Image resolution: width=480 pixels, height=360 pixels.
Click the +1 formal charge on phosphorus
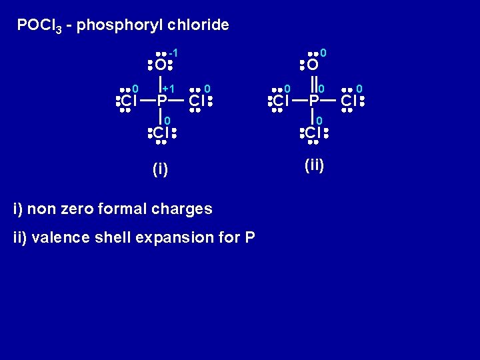point(169,89)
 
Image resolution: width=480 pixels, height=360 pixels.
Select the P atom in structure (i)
point(161,101)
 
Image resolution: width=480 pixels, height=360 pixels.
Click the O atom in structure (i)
point(160,65)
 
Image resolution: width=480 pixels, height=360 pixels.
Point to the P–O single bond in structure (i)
point(161,83)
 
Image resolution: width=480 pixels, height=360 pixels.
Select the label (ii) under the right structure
point(313,165)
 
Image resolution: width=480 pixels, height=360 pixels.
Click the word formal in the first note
point(123,209)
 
